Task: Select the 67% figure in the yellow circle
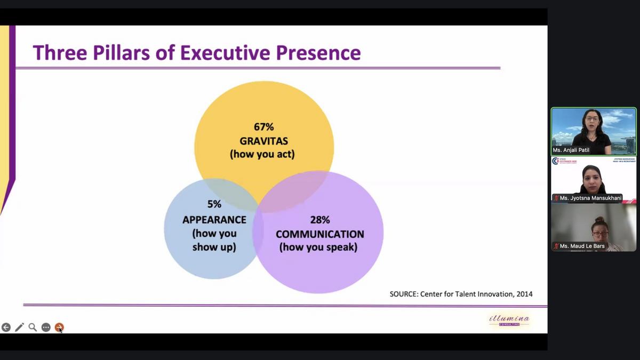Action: [263, 127]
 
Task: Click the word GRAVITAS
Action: [263, 141]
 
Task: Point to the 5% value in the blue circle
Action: [214, 204]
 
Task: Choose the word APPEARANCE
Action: [214, 220]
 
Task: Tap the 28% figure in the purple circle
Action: [319, 220]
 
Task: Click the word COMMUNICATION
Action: [319, 234]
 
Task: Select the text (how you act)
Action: [262, 155]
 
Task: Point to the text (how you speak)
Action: [318, 247]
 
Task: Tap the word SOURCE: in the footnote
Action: [404, 294]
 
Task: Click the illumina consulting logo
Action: [509, 319]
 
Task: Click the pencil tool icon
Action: [20, 327]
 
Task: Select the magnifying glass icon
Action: [33, 327]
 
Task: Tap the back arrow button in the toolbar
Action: [6, 327]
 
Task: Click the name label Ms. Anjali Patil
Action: [571, 150]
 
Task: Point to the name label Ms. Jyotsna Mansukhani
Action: [590, 198]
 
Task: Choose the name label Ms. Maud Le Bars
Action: [582, 246]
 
